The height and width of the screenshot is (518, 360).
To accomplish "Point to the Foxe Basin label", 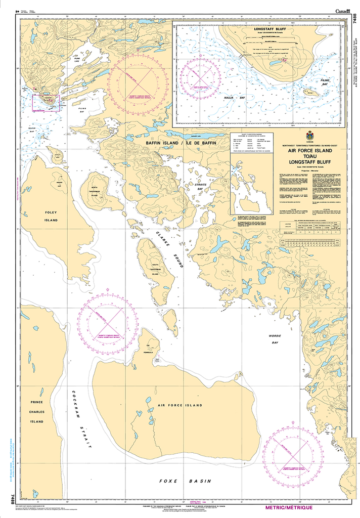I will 185,481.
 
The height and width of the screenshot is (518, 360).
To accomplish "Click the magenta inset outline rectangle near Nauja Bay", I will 46,102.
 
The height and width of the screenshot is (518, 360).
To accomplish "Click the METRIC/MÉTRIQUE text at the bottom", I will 289,507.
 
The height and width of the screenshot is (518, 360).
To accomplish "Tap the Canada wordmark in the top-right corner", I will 344,11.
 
